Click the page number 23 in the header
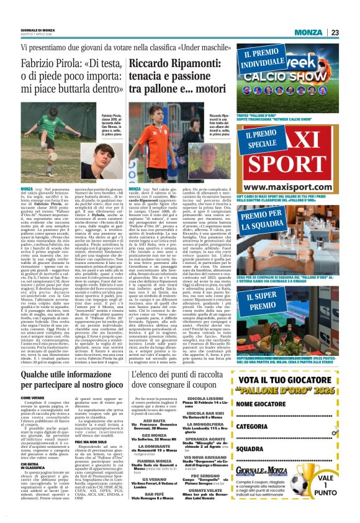(351, 32)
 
